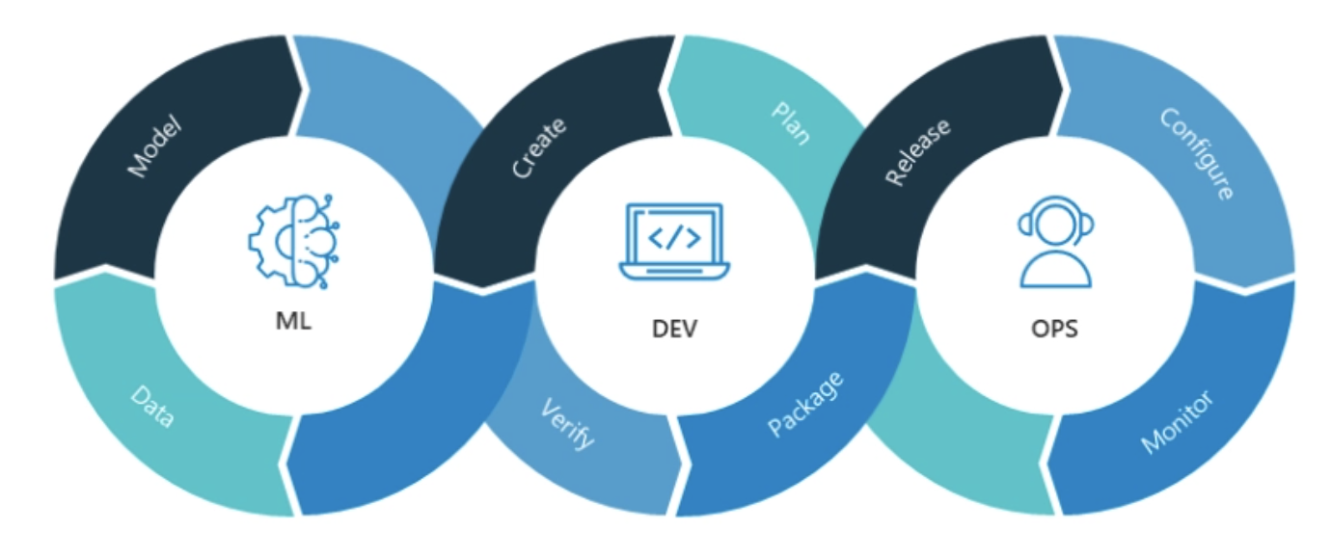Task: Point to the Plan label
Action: pyautogui.click(x=791, y=123)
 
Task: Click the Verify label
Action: pyautogui.click(x=567, y=423)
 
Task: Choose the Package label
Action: pyautogui.click(x=806, y=404)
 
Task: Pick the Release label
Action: pyautogui.click(x=916, y=152)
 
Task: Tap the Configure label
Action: pyautogui.click(x=1197, y=153)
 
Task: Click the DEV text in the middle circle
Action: pyautogui.click(x=673, y=330)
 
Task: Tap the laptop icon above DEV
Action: pyautogui.click(x=672, y=242)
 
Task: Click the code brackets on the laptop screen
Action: pyautogui.click(x=672, y=236)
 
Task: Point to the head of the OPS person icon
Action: pyautogui.click(x=1055, y=223)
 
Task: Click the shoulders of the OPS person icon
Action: pyautogui.click(x=1055, y=273)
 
